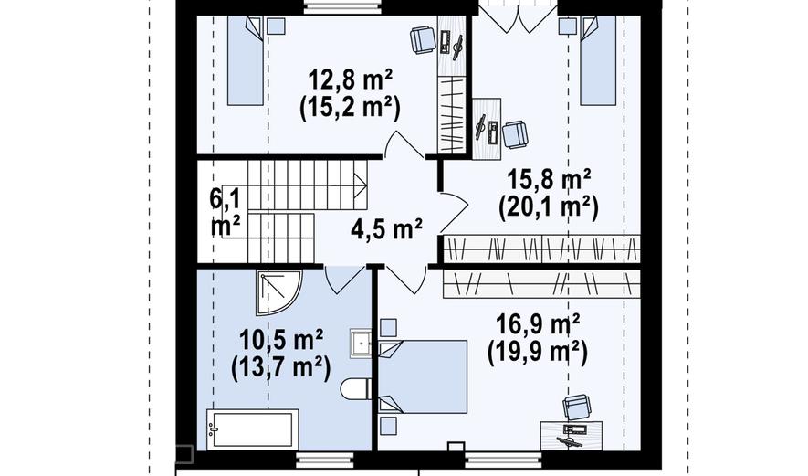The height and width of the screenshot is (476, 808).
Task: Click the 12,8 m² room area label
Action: [350, 80]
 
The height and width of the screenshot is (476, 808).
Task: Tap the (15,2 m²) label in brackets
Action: [350, 108]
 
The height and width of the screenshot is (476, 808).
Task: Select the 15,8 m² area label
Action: [549, 180]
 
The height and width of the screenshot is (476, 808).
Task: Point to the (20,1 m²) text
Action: [549, 207]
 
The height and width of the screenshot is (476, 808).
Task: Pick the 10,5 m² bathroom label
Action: [281, 340]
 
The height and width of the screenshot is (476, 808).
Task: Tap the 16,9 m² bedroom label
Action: [538, 324]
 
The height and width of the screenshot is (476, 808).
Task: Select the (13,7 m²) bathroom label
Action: [281, 367]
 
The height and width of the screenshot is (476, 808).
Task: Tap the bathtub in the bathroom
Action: [253, 429]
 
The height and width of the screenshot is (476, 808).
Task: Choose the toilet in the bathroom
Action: [355, 388]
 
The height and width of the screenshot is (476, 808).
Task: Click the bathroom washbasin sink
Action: [361, 343]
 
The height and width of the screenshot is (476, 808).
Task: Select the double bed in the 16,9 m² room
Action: [423, 376]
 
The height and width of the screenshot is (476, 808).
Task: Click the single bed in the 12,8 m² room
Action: [246, 60]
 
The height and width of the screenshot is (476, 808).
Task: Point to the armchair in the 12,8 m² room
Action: [424, 40]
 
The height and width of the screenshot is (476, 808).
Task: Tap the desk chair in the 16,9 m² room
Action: [577, 407]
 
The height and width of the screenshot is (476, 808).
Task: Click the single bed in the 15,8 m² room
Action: [598, 60]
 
